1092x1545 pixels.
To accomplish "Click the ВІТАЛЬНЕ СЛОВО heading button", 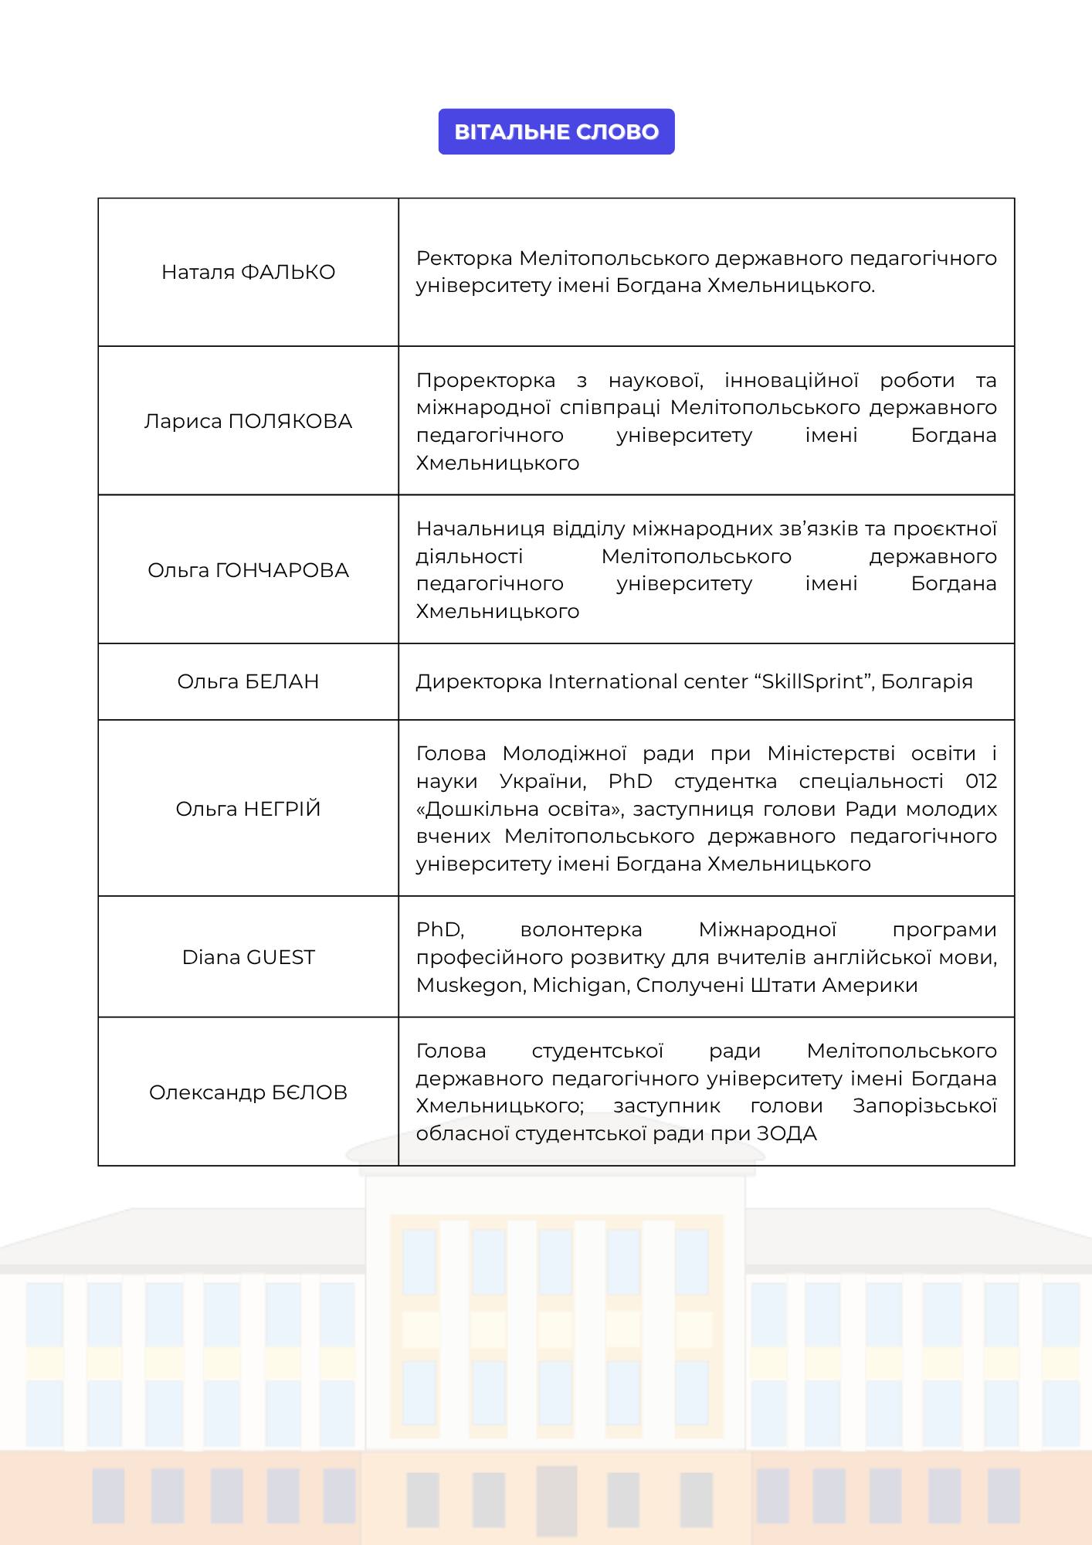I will point(556,131).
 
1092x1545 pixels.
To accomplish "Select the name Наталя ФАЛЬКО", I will point(248,272).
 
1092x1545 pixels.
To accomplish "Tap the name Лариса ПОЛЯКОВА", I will point(248,421).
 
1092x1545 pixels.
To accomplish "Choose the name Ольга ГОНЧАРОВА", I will point(248,570).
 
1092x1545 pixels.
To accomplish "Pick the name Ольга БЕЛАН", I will point(248,681).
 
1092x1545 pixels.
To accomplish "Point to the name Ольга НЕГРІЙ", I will point(248,809).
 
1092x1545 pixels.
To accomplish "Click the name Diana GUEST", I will point(248,957).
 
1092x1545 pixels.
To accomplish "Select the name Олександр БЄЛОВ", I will point(248,1092).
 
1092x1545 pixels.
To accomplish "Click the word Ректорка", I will point(464,258).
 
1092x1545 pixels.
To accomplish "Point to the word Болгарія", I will point(927,681).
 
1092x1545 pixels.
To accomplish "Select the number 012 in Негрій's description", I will point(981,781).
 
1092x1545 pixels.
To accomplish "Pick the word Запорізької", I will point(924,1106).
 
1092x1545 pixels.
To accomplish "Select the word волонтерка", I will point(581,929).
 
